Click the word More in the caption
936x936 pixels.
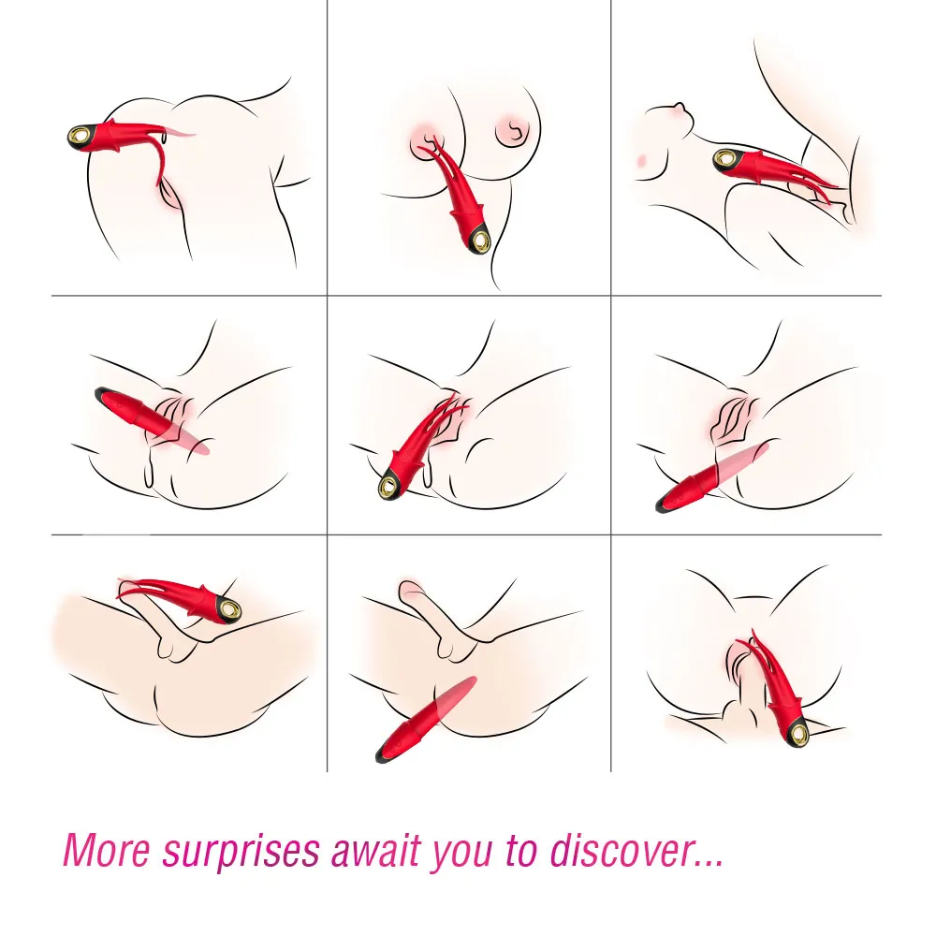[107, 850]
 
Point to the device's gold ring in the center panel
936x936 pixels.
[391, 485]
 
